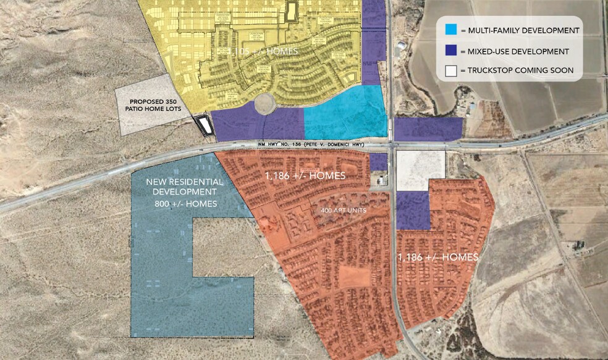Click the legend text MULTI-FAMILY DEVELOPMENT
tap(523, 30)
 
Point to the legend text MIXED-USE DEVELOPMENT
tap(518, 51)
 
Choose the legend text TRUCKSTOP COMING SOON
tap(520, 71)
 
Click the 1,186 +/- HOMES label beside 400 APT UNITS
tap(305, 176)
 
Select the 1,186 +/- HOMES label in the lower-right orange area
tap(437, 257)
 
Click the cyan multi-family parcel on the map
tap(346, 113)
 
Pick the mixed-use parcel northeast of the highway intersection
tap(428, 128)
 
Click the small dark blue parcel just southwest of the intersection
tap(378, 162)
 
